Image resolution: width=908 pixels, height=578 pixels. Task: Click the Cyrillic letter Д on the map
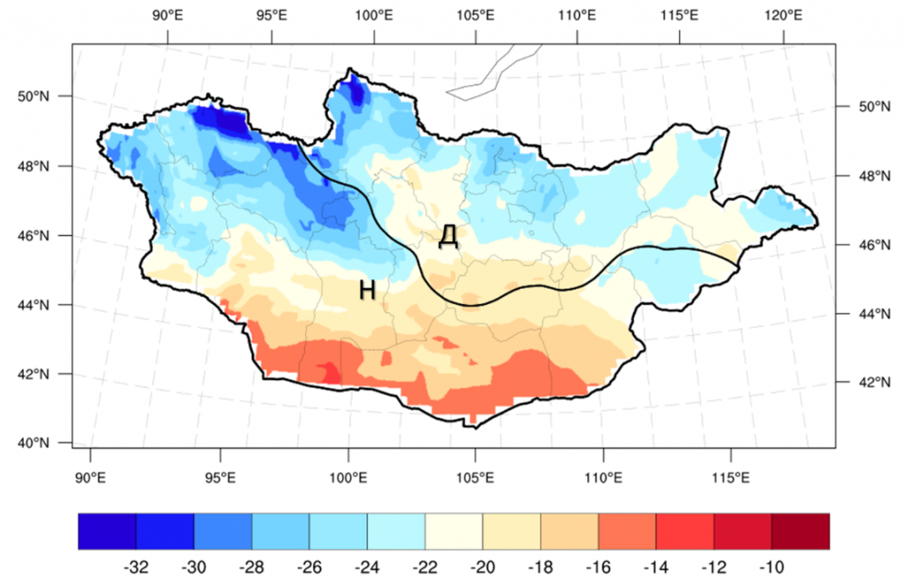(x=448, y=236)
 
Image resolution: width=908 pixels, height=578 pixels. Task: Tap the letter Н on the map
(x=369, y=289)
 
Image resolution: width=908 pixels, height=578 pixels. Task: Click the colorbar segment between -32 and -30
(x=165, y=531)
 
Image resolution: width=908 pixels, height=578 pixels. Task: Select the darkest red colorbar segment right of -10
(x=801, y=531)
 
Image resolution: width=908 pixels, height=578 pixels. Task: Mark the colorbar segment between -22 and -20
(x=454, y=531)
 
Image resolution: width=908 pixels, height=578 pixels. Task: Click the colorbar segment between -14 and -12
(x=685, y=531)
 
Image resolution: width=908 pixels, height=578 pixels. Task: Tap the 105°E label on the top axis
(x=475, y=15)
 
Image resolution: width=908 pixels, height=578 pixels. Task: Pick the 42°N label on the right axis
(x=857, y=383)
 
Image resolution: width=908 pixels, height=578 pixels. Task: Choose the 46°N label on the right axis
(x=857, y=245)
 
